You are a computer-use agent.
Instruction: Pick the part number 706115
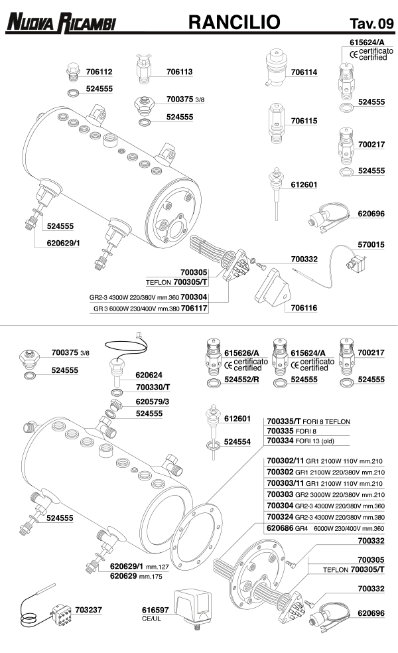(x=304, y=121)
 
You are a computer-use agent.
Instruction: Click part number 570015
(x=371, y=245)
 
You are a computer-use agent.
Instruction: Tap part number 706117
(x=194, y=309)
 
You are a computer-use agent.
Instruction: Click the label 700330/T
(x=153, y=386)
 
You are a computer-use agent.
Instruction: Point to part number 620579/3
(x=153, y=401)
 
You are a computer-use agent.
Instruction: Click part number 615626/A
(x=241, y=352)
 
